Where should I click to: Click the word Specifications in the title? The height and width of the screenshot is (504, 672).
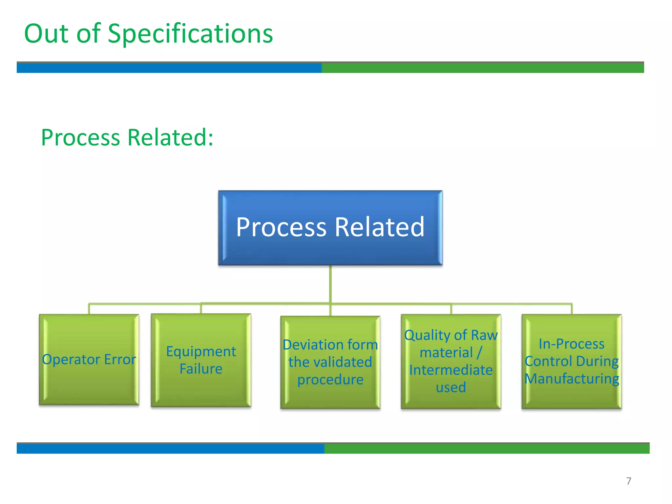click(x=190, y=34)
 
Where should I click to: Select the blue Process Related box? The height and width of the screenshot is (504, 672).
click(x=330, y=227)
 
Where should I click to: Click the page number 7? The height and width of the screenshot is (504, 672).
click(x=628, y=481)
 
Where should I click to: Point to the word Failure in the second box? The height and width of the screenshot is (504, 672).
click(x=201, y=369)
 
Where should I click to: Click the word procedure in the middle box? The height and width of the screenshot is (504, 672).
click(x=330, y=380)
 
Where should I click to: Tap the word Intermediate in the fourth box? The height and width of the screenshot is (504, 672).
click(x=451, y=370)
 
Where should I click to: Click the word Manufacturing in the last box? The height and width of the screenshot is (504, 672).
click(x=571, y=379)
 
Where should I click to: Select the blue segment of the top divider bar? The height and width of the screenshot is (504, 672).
click(x=169, y=68)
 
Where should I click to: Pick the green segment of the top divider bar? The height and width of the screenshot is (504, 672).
click(x=482, y=68)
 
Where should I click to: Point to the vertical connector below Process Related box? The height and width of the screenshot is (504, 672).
click(x=330, y=284)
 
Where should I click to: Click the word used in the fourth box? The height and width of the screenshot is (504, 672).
click(x=451, y=388)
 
